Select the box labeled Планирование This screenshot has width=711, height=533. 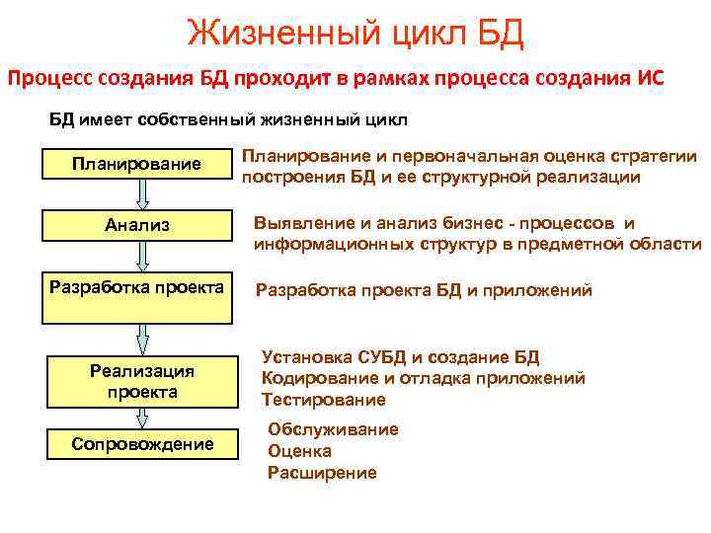click(x=137, y=163)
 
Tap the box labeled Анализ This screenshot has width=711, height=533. click(x=137, y=225)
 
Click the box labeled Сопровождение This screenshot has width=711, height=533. click(x=142, y=444)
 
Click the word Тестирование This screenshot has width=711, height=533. click(x=323, y=400)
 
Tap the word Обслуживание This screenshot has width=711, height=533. click(x=333, y=429)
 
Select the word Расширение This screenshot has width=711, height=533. click(x=322, y=473)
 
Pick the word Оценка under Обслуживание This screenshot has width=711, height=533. click(x=299, y=451)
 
